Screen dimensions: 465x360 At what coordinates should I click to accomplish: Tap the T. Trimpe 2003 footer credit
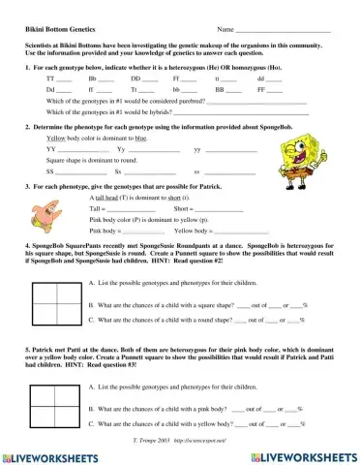[180, 439]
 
